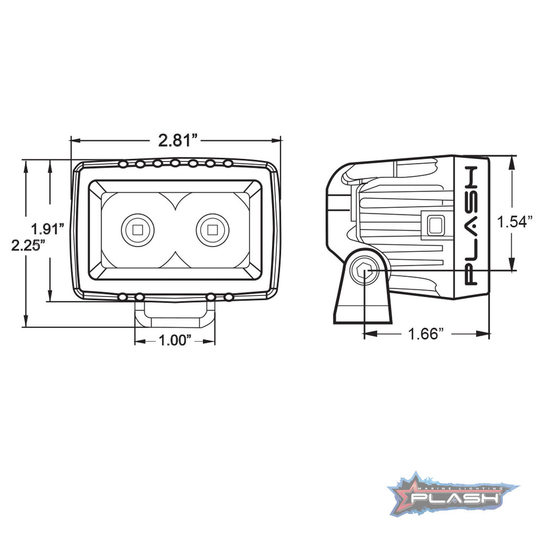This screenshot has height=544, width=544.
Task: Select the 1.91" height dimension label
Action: tap(48, 228)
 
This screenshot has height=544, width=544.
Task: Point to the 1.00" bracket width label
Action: tap(175, 341)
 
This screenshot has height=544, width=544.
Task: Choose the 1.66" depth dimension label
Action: tap(426, 333)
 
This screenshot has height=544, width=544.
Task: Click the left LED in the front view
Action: tap(138, 230)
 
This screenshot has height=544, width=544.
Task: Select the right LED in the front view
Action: tap(212, 230)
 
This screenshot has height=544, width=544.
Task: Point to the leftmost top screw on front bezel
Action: tap(123, 163)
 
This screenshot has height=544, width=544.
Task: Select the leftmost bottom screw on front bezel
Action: tap(123, 297)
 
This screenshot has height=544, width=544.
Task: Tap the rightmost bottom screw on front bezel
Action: tap(228, 297)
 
